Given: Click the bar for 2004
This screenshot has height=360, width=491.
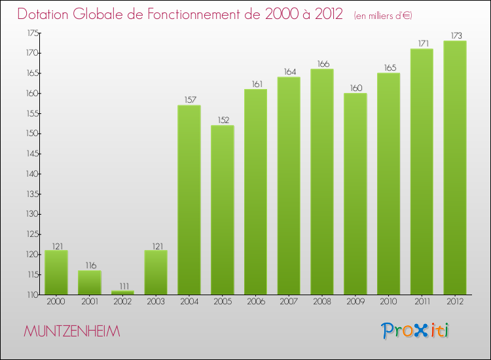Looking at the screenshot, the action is click(x=189, y=200).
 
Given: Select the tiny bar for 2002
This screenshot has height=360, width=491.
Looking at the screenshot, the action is click(x=122, y=293).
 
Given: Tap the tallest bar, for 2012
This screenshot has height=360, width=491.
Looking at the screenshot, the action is click(x=455, y=168).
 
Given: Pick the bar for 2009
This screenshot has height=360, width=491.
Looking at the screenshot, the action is click(x=355, y=194).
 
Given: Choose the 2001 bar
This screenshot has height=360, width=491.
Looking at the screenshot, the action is click(x=89, y=282).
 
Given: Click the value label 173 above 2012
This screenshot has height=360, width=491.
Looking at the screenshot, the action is click(x=456, y=36).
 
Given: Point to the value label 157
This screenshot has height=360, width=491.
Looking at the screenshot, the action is click(x=190, y=100).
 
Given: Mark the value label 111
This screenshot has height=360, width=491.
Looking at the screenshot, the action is click(x=124, y=286).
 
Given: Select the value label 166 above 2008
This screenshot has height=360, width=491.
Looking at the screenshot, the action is click(x=323, y=64).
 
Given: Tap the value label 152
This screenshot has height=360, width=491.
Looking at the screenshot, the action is click(x=224, y=120).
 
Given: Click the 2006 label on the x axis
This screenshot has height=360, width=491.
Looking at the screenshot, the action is click(x=256, y=302).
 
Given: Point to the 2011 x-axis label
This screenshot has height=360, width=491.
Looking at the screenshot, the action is click(x=422, y=302).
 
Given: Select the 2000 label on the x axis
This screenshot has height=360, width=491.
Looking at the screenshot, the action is click(x=56, y=302).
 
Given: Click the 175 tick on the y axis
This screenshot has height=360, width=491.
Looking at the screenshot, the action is click(x=33, y=33).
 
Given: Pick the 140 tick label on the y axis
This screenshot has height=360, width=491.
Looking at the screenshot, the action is click(x=32, y=173).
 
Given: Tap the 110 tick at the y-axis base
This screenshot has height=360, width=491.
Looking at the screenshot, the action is click(x=33, y=295).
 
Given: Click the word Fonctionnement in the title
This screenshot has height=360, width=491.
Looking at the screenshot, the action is click(x=204, y=14).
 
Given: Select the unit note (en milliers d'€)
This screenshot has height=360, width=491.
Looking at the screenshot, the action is click(x=383, y=16).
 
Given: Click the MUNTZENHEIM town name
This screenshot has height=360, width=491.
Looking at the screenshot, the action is click(x=72, y=331).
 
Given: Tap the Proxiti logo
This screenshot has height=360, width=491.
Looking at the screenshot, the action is click(x=414, y=331).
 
